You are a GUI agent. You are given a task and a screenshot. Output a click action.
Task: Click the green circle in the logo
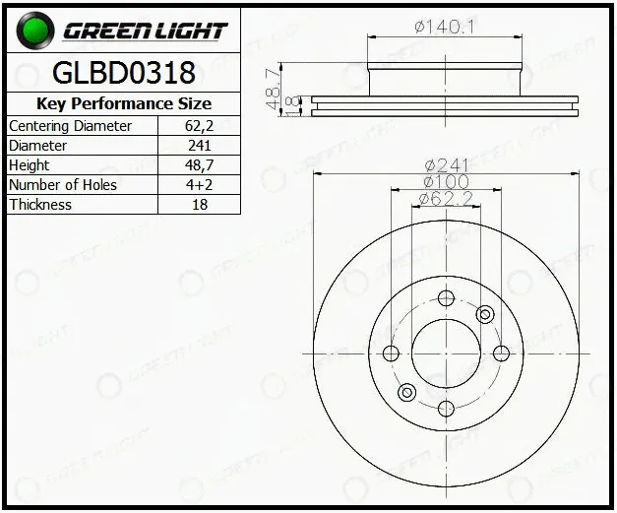coord(35,31)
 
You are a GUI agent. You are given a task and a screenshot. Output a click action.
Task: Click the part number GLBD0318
coord(124,73)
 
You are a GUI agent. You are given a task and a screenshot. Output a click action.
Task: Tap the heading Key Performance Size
coord(124,104)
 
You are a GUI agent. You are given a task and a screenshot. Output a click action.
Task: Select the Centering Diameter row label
coord(70,126)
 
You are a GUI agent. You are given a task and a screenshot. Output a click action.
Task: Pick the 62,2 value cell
coord(199,126)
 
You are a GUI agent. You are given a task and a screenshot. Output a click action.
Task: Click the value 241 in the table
coord(200,146)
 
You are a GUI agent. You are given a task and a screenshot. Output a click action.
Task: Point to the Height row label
coord(30,165)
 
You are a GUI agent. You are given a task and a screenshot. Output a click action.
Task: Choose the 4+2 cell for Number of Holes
coord(199,185)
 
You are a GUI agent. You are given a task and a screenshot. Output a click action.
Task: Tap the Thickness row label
coord(40,205)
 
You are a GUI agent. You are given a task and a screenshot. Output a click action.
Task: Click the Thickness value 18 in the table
coord(200,205)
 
